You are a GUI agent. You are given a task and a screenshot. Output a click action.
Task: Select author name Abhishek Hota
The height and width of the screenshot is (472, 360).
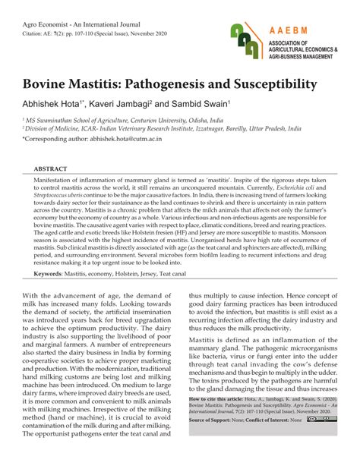click(x=55, y=101)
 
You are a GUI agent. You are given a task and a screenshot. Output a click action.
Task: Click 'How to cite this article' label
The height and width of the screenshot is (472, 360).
click(x=219, y=398)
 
